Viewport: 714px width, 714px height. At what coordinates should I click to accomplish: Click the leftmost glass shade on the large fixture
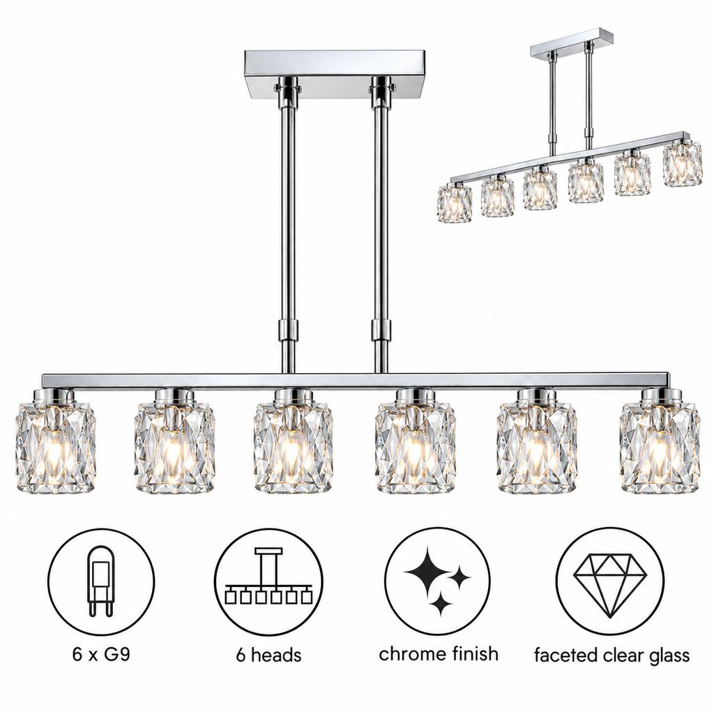(56, 441)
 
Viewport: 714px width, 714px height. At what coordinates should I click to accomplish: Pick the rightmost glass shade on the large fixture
(658, 441)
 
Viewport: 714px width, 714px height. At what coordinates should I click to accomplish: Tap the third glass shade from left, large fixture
(294, 441)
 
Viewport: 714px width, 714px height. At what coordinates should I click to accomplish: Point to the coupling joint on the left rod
(289, 330)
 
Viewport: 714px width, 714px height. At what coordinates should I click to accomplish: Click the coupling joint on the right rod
(381, 330)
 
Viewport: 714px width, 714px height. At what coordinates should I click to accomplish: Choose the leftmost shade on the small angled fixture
(455, 202)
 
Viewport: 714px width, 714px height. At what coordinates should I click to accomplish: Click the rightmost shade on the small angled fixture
(682, 165)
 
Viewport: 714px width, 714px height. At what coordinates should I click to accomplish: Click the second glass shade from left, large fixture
(174, 441)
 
